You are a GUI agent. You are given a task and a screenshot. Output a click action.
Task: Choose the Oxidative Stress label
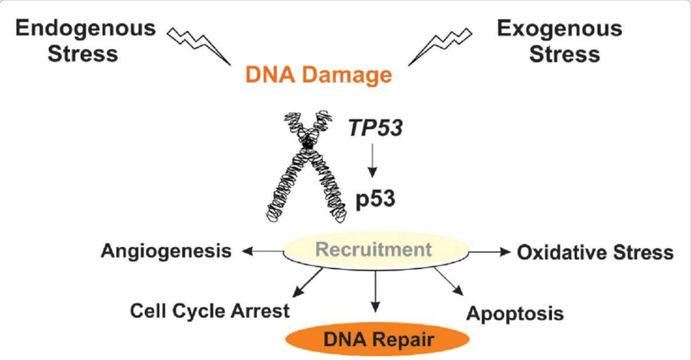595,252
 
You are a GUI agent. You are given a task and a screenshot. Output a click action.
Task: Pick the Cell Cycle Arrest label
210,309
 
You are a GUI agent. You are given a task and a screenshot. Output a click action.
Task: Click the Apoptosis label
514,314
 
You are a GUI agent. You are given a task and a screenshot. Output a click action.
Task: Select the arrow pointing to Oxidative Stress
486,250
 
